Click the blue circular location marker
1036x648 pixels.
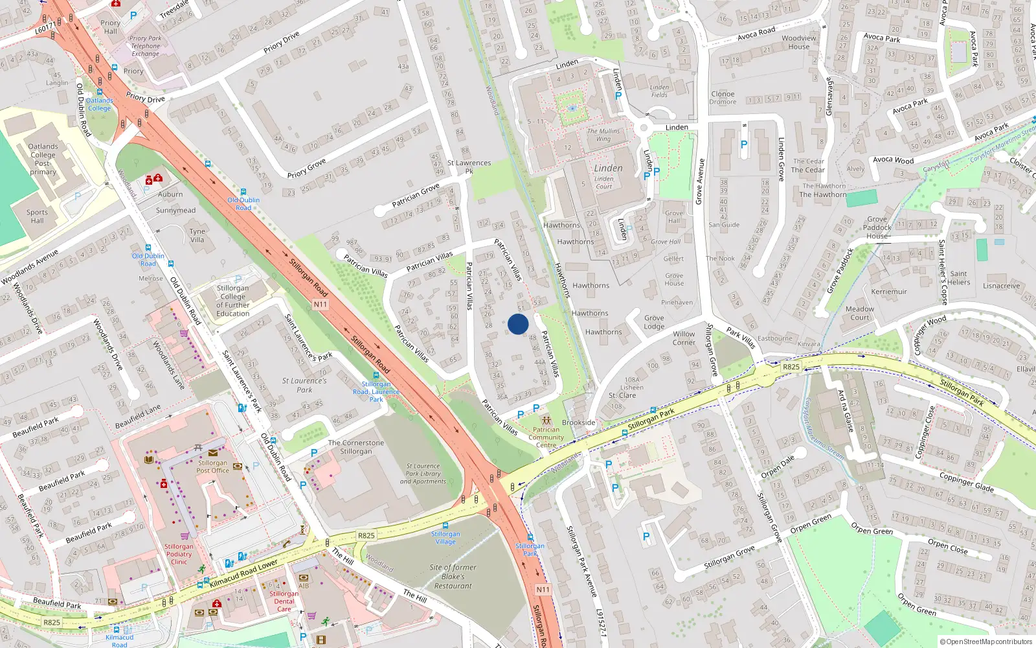pyautogui.click(x=518, y=324)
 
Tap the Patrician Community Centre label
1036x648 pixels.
pyautogui.click(x=546, y=437)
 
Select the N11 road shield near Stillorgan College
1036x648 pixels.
pyautogui.click(x=321, y=305)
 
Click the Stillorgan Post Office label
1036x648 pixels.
pyautogui.click(x=212, y=467)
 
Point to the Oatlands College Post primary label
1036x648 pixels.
pyautogui.click(x=43, y=159)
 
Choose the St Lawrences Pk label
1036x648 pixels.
pyautogui.click(x=469, y=167)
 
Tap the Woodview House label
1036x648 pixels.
pyautogui.click(x=799, y=42)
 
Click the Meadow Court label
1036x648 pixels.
pyautogui.click(x=859, y=313)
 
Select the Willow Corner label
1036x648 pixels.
pyautogui.click(x=684, y=338)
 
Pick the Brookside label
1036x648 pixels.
pyautogui.click(x=578, y=422)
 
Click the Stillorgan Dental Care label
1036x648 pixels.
pyautogui.click(x=284, y=601)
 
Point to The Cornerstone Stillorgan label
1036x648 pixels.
pyautogui.click(x=355, y=447)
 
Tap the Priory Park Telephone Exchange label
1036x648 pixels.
pyautogui.click(x=145, y=46)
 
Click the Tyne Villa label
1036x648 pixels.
pyautogui.click(x=197, y=235)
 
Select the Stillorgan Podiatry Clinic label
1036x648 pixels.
pyautogui.click(x=179, y=554)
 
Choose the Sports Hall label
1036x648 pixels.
pyautogui.click(x=37, y=216)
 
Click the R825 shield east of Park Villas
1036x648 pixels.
pyautogui.click(x=791, y=367)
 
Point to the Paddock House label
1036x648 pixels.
pyautogui.click(x=877, y=231)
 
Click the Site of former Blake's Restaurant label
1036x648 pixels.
pyautogui.click(x=453, y=577)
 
